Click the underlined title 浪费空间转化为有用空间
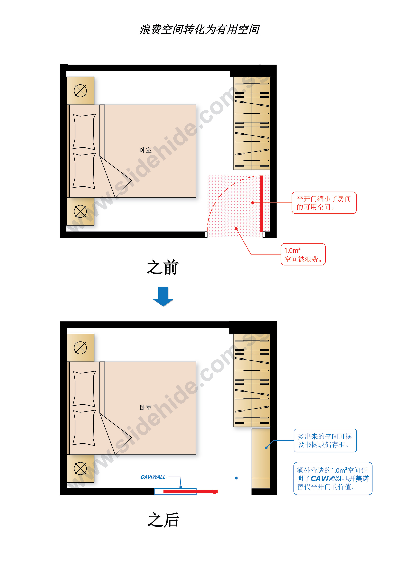(x=199, y=29)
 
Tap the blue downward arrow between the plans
(x=163, y=297)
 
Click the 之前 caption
(x=163, y=267)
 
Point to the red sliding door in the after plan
(x=190, y=492)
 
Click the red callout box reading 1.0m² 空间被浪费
(x=303, y=254)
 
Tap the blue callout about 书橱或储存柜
(x=325, y=440)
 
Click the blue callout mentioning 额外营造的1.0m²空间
(x=333, y=478)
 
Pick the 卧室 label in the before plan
(x=146, y=150)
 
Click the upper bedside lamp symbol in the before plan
(x=80, y=91)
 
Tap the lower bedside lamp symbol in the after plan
(x=80, y=468)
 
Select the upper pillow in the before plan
(x=84, y=132)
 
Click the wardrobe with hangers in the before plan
(x=252, y=123)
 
